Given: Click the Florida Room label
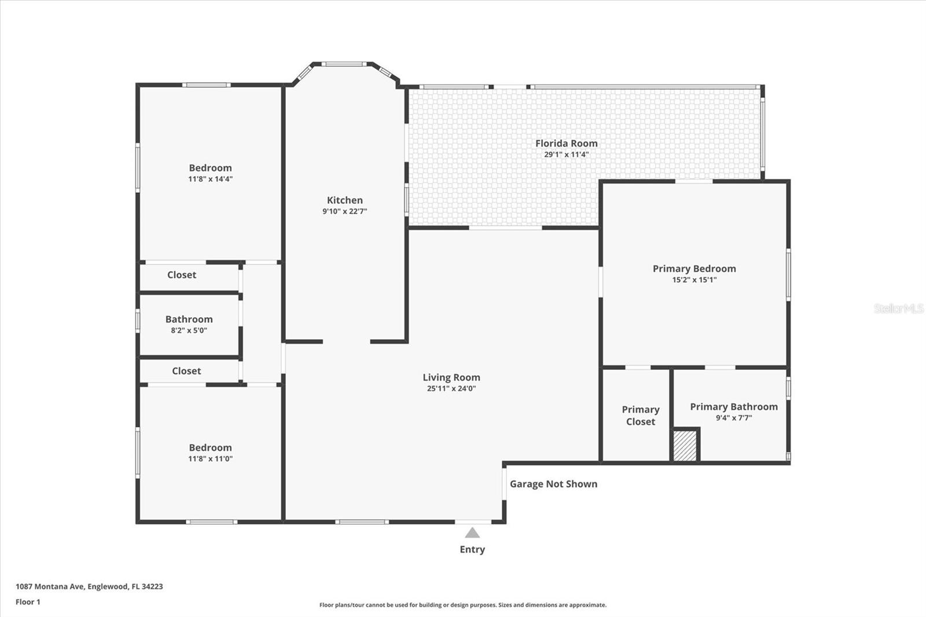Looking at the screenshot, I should pos(566,143).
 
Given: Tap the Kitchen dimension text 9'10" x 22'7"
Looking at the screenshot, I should pos(344,211).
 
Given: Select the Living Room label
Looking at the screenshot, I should pos(451,377).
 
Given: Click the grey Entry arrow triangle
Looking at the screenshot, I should pos(472,533).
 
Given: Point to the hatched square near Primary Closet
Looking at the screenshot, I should pos(685,445).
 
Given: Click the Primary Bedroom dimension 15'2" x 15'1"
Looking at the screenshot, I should pos(694,280).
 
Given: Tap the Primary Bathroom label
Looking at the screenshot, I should pos(733,407).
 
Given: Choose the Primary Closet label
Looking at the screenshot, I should pos(640,416).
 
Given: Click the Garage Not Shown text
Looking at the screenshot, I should pos(553,484).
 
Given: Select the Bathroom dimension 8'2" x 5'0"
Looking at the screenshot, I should pos(189,330).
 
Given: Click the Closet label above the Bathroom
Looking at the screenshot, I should pos(182,275).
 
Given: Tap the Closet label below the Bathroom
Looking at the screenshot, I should pos(186,371).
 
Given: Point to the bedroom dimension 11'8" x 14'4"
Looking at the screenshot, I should pos(210,179).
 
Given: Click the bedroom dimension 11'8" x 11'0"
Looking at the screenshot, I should pos(210,458).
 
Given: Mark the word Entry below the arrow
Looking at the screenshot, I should pos(472,549).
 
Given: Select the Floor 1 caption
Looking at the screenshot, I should pos(28,602).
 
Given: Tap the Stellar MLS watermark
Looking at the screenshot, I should pos(898,308).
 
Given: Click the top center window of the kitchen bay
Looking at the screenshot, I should pos(343,64).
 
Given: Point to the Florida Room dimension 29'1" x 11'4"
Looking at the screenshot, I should pos(566,155).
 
